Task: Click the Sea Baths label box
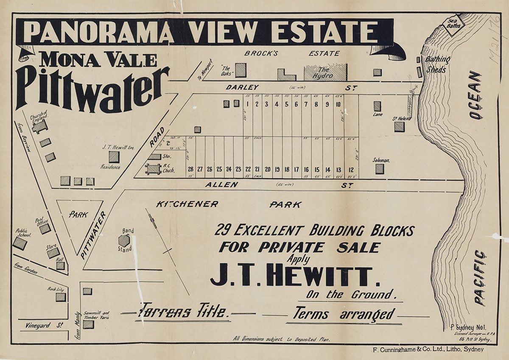tap(453, 25)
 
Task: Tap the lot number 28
tap(190, 169)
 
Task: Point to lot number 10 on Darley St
tap(338, 104)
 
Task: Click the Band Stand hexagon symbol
tap(124, 240)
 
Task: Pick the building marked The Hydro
tap(325, 72)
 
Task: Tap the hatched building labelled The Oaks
tap(241, 70)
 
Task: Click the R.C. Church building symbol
tap(153, 169)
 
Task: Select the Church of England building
tap(39, 126)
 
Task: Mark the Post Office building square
tap(45, 229)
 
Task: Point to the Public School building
tap(20, 243)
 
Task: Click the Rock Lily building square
tap(61, 297)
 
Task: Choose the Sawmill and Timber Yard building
tap(88, 324)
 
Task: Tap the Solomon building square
tap(379, 169)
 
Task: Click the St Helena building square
tap(399, 126)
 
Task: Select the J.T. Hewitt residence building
tap(114, 157)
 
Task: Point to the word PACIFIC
tap(479, 277)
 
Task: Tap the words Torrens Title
tap(183, 313)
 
